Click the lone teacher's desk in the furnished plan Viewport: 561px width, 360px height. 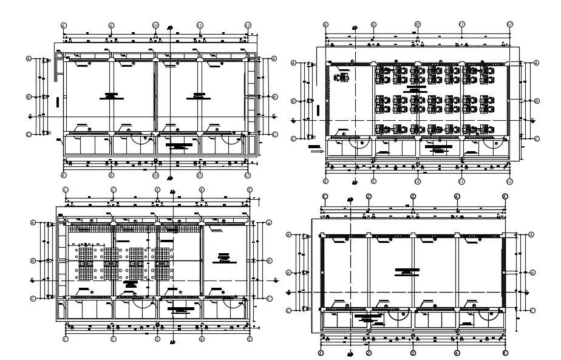[344, 77]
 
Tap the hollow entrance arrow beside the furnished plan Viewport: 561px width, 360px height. [314, 152]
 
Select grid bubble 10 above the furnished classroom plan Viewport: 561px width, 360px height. [418, 24]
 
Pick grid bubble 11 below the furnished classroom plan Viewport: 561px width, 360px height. [462, 182]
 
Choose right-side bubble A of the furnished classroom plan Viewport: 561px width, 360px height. [537, 63]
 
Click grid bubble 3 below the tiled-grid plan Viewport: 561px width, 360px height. [157, 341]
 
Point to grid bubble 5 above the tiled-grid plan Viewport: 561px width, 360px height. [249, 189]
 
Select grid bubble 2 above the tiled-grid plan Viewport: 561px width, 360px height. [113, 189]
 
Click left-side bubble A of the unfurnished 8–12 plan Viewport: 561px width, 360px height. [28, 59]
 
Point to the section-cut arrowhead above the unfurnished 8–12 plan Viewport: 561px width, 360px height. [171, 27]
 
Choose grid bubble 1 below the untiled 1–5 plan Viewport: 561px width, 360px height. [321, 353]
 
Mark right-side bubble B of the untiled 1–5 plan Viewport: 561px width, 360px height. [532, 273]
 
